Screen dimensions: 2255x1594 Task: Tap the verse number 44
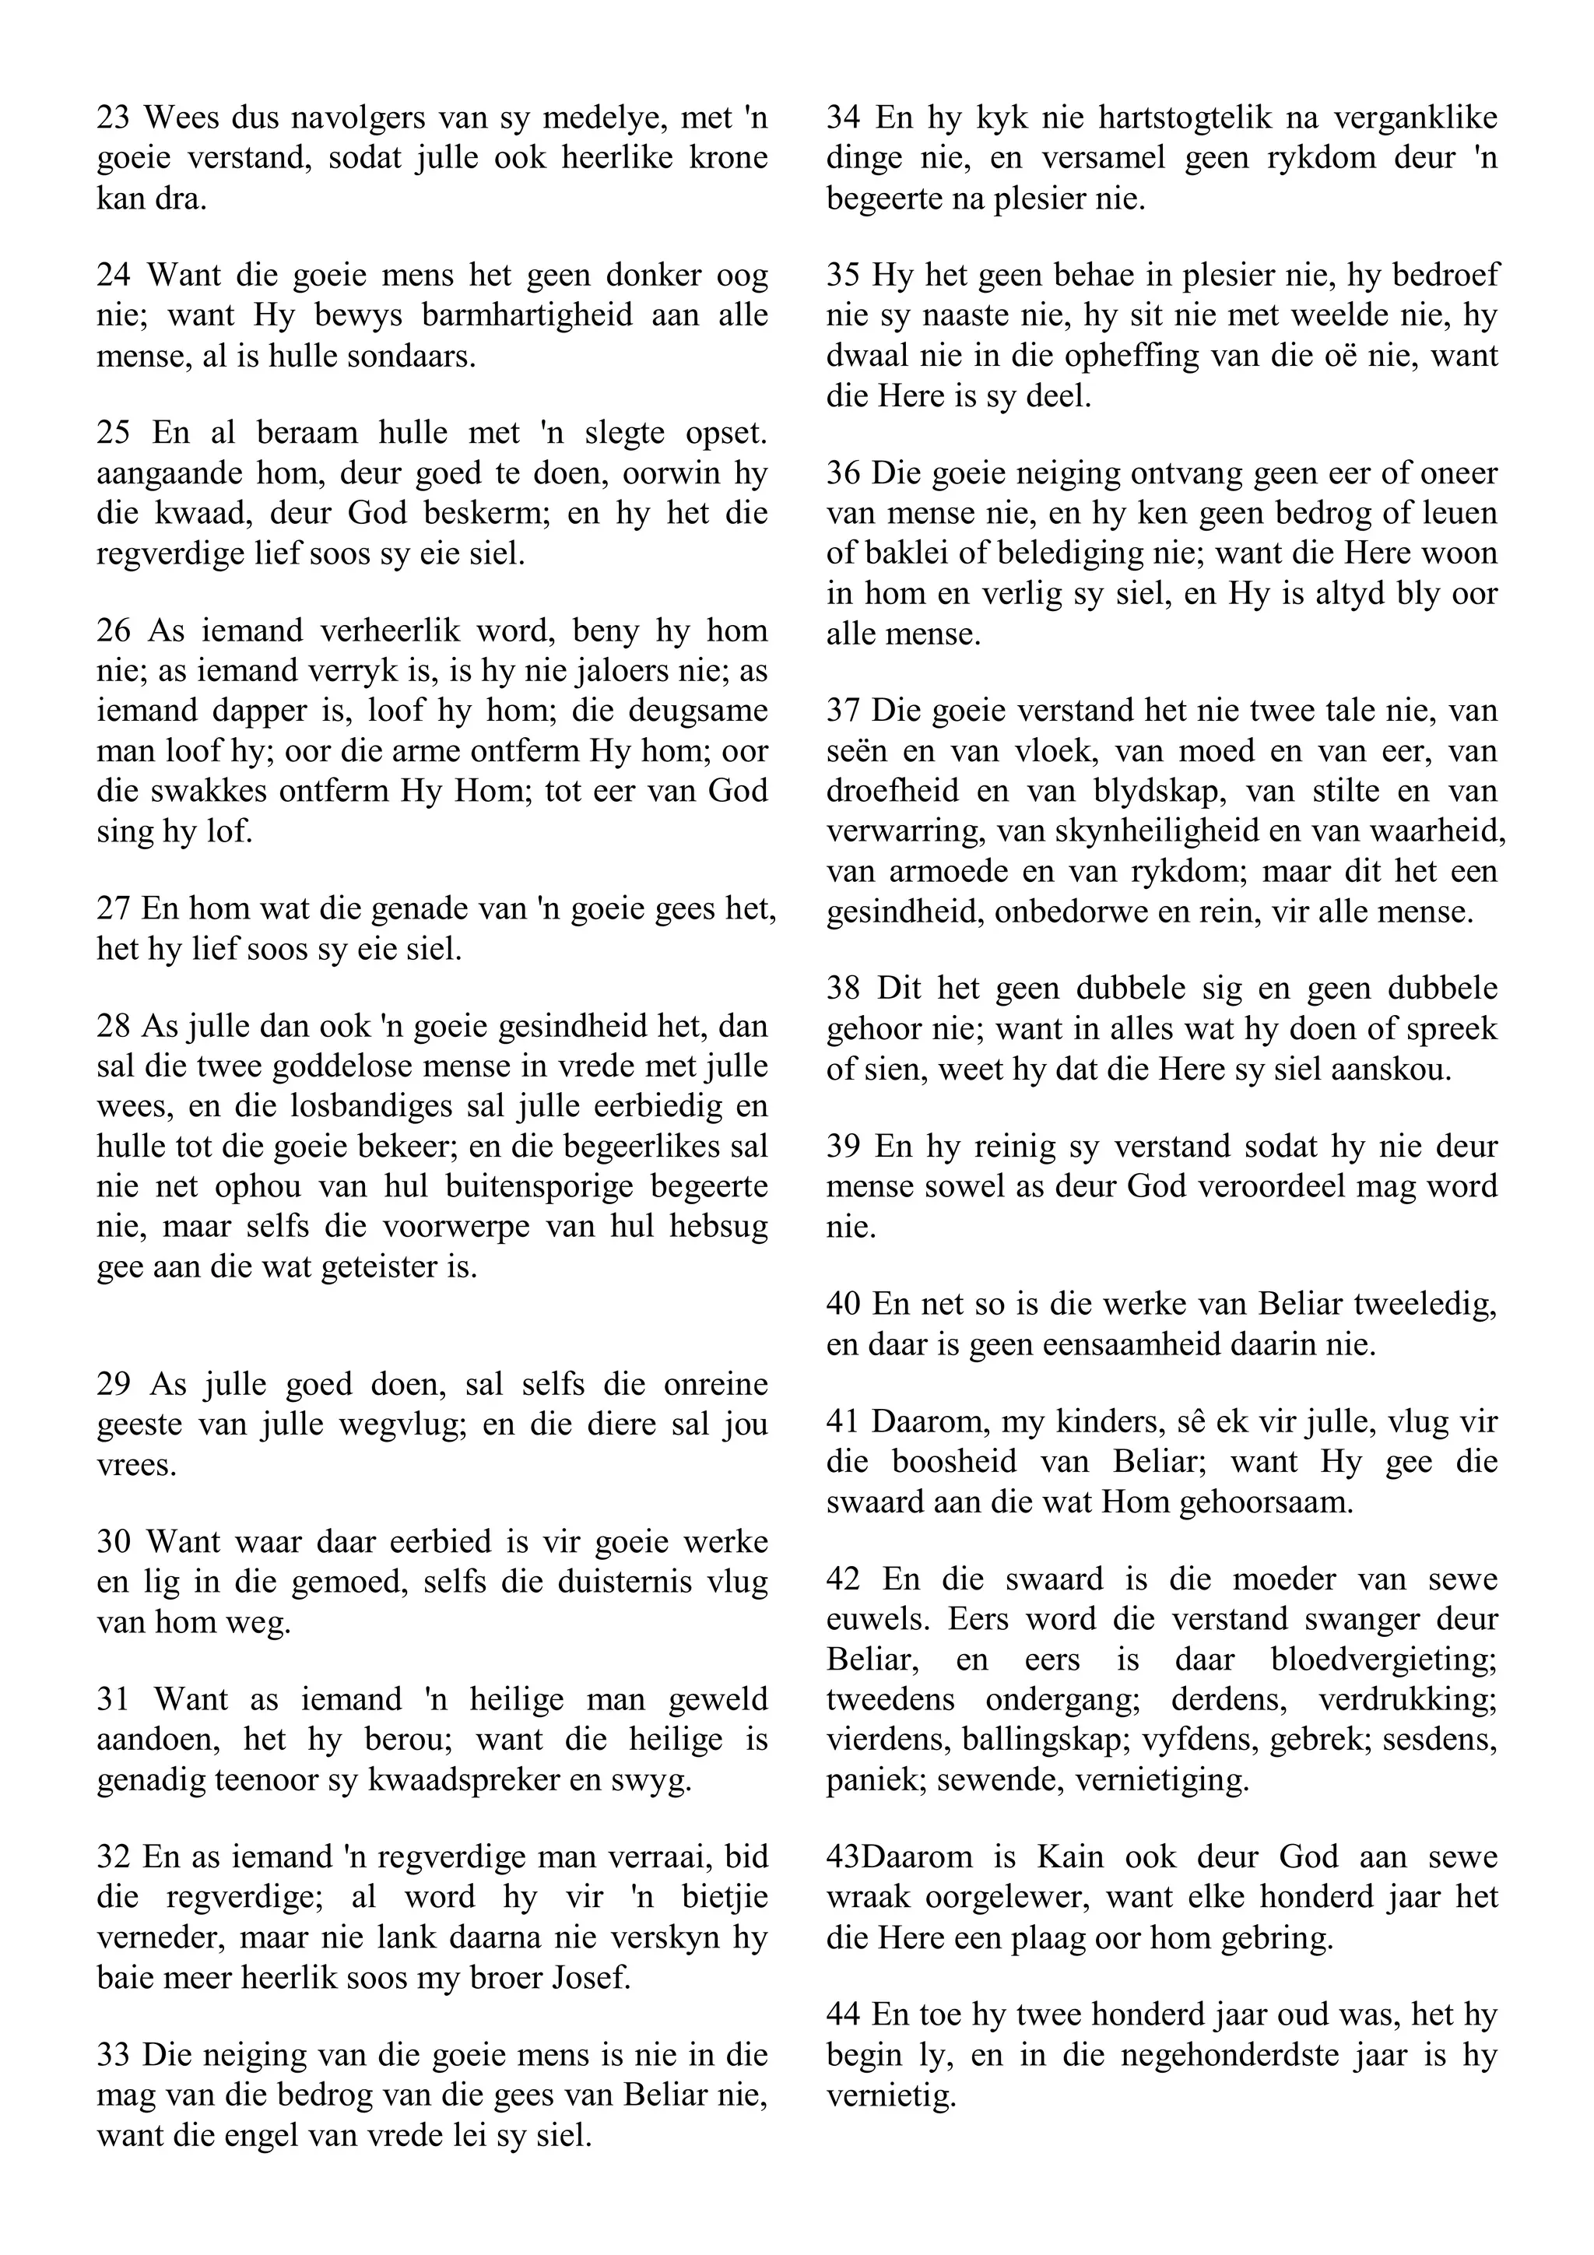click(x=844, y=2014)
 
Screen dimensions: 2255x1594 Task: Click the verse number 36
click(x=844, y=473)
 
